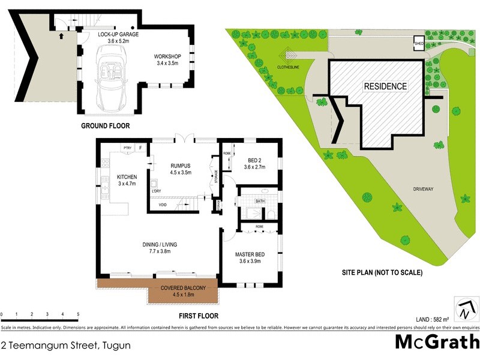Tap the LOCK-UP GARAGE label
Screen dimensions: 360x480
click(x=118, y=35)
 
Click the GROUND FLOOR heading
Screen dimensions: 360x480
click(x=105, y=126)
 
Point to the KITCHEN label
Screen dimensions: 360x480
click(x=127, y=177)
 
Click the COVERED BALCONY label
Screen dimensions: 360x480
click(x=183, y=288)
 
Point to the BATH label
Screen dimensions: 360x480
click(x=260, y=201)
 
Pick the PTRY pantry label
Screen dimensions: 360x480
click(x=127, y=147)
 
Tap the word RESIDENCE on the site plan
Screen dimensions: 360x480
click(x=385, y=86)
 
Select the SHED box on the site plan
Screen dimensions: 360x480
click(x=419, y=43)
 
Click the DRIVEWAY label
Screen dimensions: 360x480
click(x=423, y=189)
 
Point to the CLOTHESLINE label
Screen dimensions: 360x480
click(x=288, y=68)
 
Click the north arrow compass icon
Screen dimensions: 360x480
click(x=466, y=309)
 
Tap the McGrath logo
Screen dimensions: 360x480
click(x=436, y=341)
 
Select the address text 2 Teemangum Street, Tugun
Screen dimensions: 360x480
click(x=65, y=345)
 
